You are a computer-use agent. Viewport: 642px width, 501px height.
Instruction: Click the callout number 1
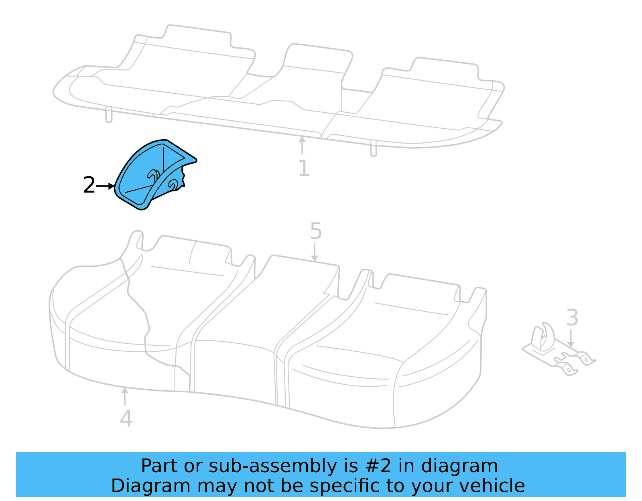tap(304, 168)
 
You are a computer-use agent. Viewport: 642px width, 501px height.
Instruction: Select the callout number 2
tap(89, 185)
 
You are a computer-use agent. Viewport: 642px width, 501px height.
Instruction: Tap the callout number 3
tap(572, 318)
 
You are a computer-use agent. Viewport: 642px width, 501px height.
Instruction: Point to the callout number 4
tap(126, 418)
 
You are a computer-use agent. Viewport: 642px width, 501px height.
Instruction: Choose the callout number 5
tap(316, 231)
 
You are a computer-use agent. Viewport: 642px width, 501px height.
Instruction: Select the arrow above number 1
tap(302, 145)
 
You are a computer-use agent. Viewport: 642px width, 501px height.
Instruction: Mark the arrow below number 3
tap(571, 339)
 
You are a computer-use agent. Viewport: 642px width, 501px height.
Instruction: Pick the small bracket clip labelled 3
tap(558, 349)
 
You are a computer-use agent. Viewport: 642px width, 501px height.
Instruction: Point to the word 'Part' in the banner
tap(159, 466)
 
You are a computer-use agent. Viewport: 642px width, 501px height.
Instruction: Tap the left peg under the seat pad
tap(109, 115)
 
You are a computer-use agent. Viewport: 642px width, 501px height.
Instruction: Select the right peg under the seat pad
tap(374, 148)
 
